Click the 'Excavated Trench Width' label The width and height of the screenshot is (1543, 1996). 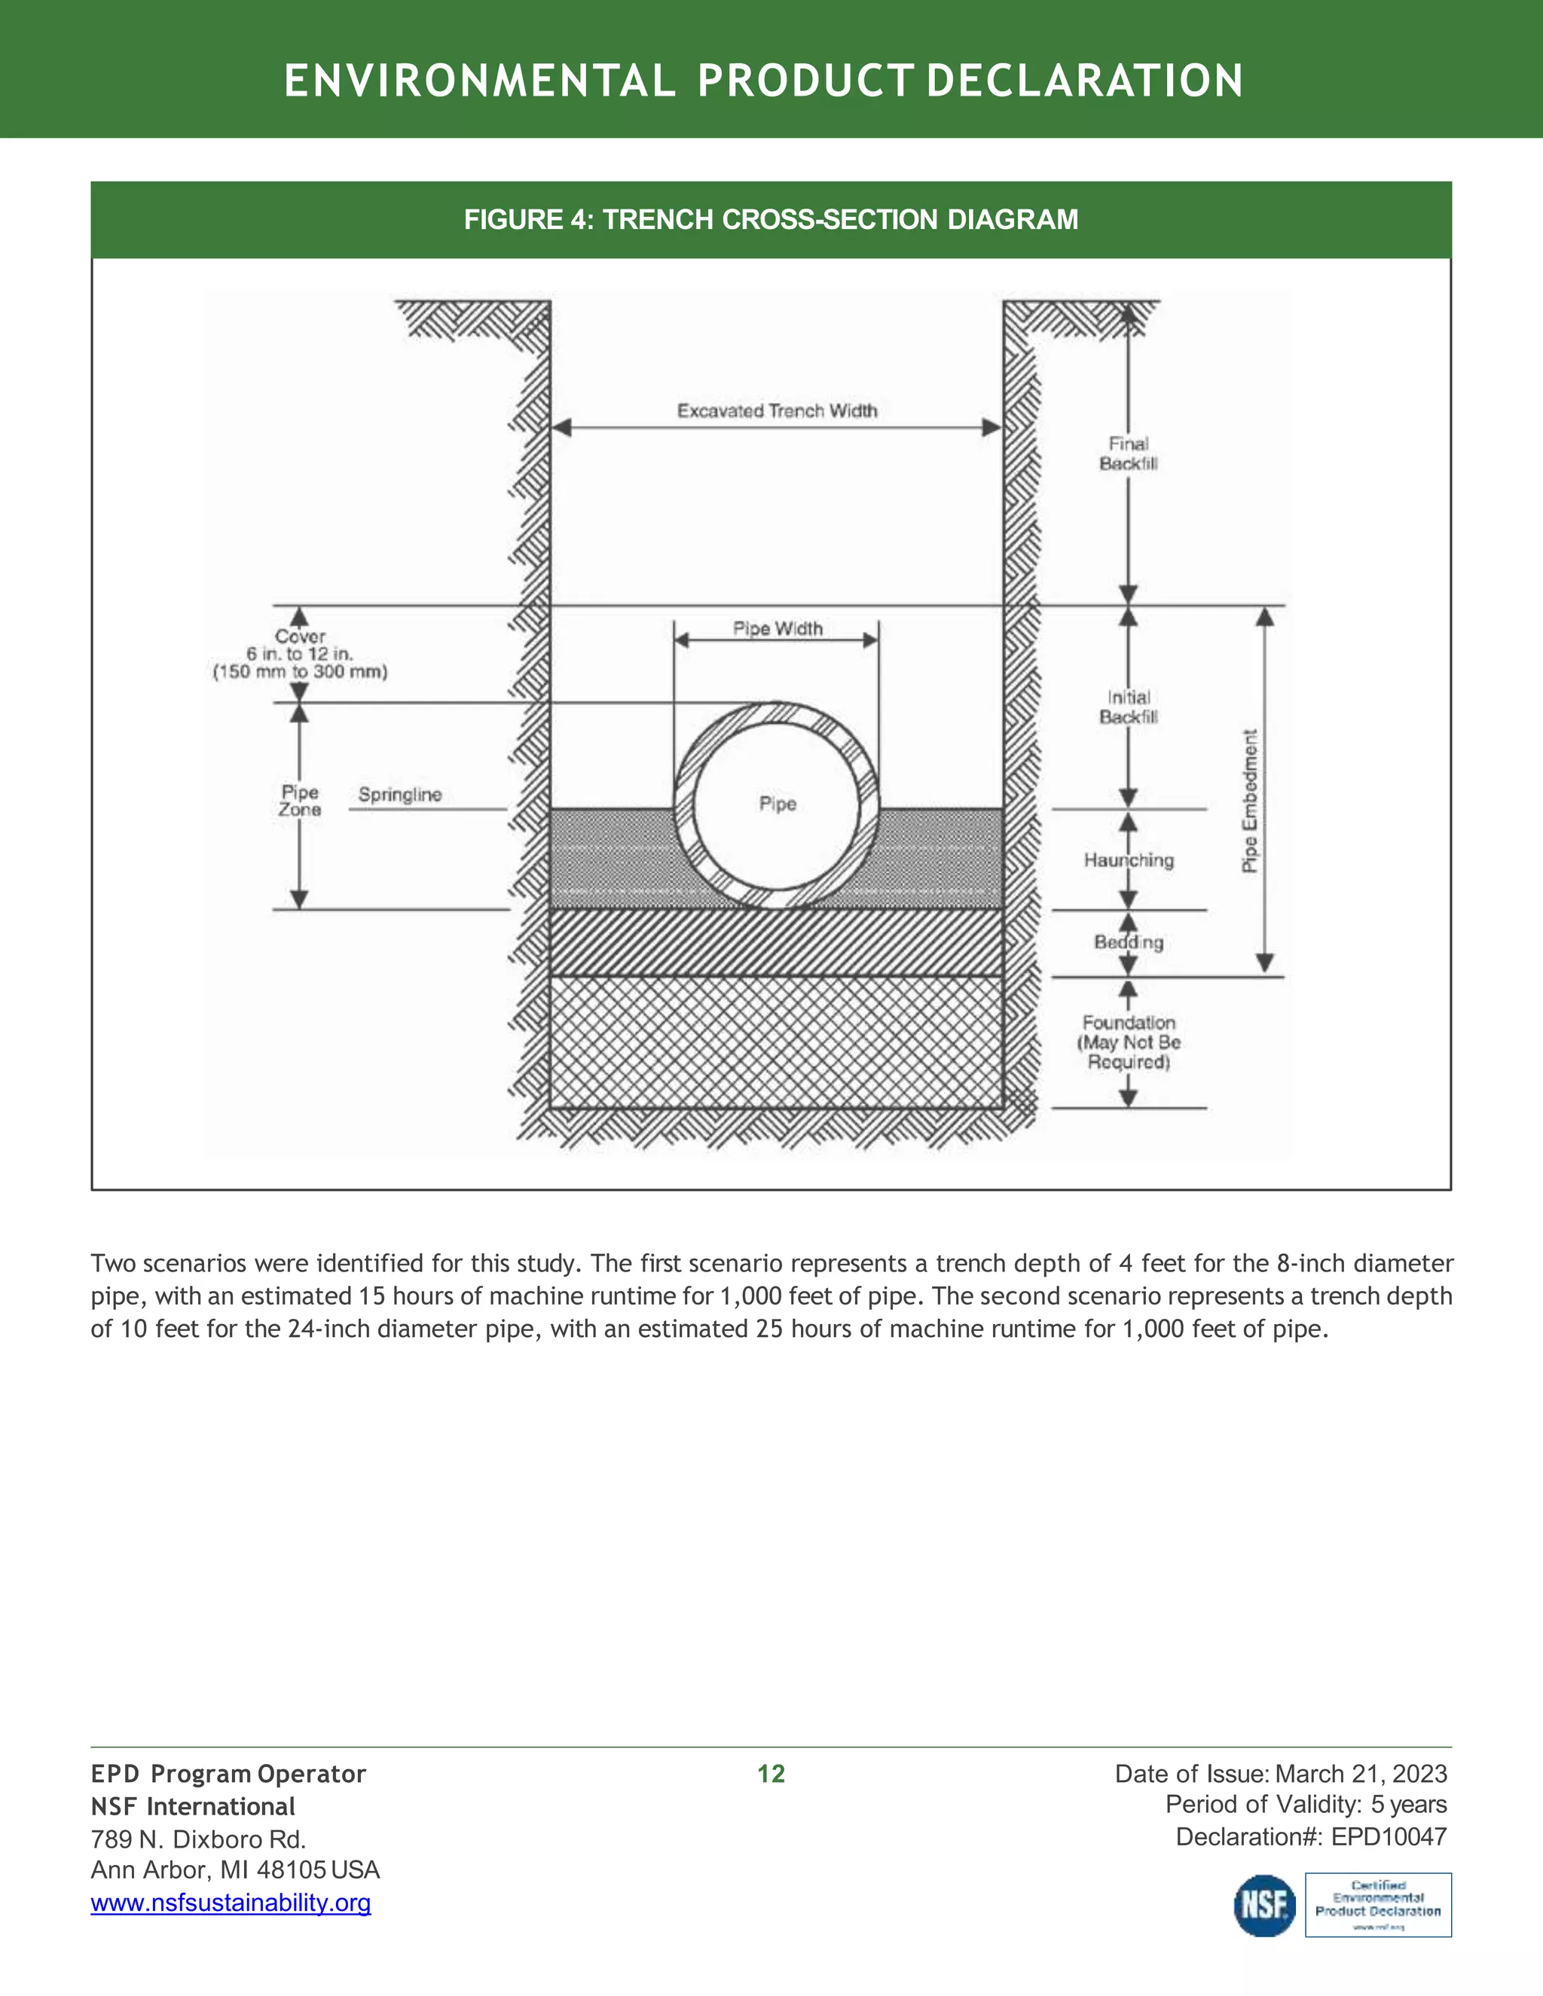tap(777, 411)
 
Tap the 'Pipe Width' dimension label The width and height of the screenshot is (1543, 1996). tap(778, 629)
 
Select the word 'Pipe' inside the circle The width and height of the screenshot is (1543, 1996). tap(778, 804)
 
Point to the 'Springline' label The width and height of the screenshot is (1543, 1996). tap(399, 795)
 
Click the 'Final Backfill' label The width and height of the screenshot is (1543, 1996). tap(1128, 453)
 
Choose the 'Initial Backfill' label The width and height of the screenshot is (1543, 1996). tap(1128, 707)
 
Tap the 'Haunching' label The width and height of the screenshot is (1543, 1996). tap(1129, 860)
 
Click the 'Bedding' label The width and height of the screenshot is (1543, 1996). tap(1129, 942)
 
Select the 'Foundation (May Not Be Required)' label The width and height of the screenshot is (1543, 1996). tap(1129, 1042)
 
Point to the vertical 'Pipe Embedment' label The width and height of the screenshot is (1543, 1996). tap(1250, 801)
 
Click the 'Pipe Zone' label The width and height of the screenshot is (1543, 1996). tap(300, 801)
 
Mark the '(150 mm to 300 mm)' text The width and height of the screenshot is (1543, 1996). tap(300, 673)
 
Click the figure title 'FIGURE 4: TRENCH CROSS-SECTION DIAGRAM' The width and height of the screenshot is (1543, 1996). tap(771, 219)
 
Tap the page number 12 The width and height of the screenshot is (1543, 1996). tap(771, 1774)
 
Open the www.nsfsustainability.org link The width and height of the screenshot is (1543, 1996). tap(231, 1903)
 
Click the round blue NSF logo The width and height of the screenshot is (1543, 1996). tap(1264, 1906)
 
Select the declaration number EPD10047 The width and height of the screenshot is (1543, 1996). tap(1389, 1837)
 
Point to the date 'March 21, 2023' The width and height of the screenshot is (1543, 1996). tap(1361, 1774)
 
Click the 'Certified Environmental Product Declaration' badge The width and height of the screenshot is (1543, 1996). tap(1377, 1905)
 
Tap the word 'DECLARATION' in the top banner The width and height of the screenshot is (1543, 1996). tap(1084, 81)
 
